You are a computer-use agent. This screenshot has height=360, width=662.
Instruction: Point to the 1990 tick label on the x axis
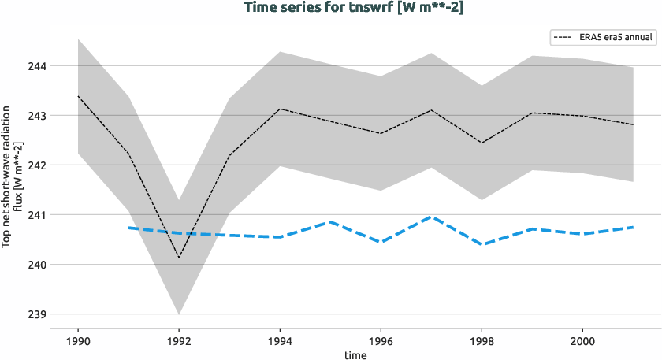[78, 342]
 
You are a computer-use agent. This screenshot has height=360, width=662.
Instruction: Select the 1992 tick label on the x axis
[179, 342]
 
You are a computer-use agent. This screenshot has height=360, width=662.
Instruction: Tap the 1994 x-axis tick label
[280, 342]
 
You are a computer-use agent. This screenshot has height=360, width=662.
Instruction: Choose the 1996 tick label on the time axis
[381, 342]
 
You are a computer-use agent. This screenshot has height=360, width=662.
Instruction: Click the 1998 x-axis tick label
[482, 342]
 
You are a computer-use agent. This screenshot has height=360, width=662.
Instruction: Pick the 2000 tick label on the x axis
[582, 342]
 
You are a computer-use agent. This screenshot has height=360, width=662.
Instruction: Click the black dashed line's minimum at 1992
[179, 258]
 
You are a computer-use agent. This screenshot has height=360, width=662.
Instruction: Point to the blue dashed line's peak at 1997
[431, 217]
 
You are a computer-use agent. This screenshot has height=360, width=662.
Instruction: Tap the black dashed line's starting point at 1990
[78, 96]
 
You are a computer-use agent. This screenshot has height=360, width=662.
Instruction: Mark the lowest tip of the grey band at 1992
[179, 314]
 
